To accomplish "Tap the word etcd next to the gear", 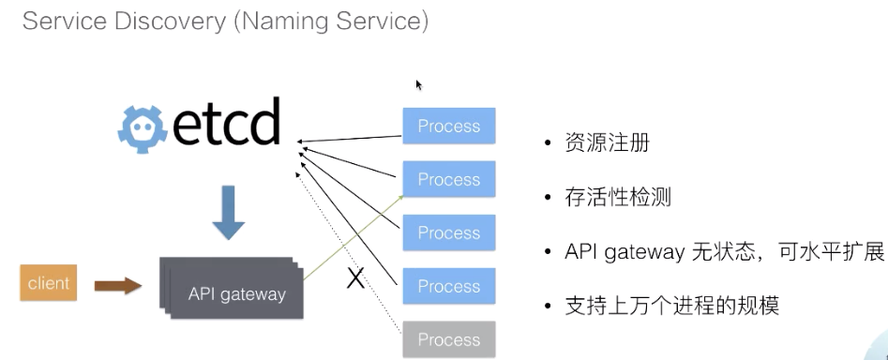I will (225, 124).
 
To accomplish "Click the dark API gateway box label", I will (236, 293).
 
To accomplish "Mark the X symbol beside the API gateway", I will (355, 278).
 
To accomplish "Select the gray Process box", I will (448, 338).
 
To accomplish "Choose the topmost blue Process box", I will (448, 127).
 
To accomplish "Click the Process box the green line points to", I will (448, 179).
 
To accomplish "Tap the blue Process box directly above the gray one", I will (448, 285).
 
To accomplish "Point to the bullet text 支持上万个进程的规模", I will (670, 307).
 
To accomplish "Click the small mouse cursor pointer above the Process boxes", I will (419, 84).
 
